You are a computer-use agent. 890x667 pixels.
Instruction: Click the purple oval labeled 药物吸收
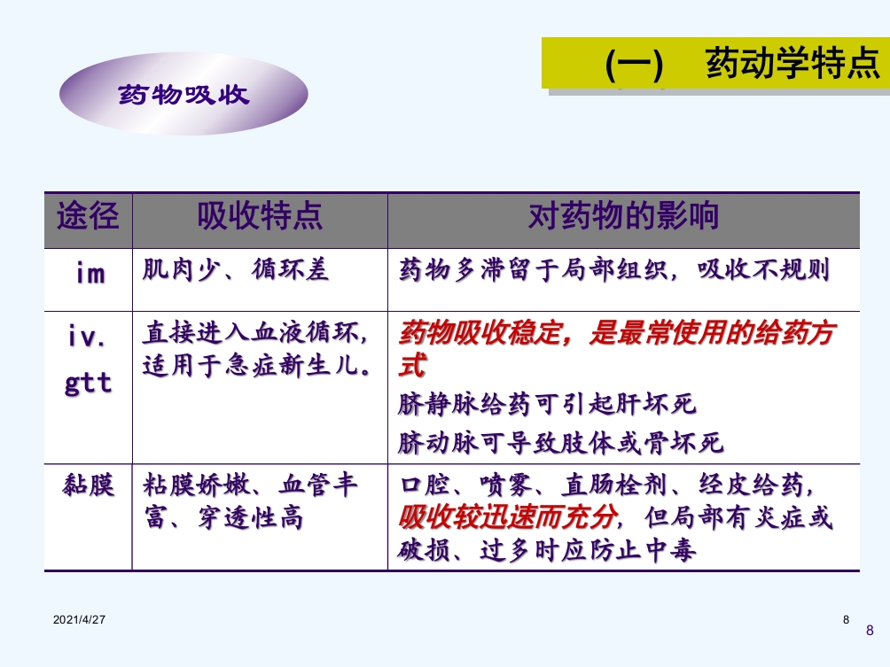click(x=183, y=94)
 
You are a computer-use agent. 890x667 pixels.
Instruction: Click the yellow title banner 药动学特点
click(x=715, y=63)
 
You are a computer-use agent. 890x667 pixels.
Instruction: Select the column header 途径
click(x=88, y=216)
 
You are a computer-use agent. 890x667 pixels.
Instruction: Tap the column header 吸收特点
click(x=259, y=216)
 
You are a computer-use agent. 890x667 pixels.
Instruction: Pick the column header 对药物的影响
click(x=623, y=216)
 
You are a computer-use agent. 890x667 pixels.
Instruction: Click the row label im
click(x=89, y=272)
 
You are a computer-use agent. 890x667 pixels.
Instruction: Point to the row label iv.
click(x=88, y=337)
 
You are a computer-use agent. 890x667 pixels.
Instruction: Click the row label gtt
click(x=88, y=383)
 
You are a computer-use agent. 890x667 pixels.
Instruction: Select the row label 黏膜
click(x=89, y=485)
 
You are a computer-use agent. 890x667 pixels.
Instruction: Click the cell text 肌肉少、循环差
click(x=236, y=270)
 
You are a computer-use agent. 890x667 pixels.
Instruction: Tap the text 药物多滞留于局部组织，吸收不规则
click(x=614, y=270)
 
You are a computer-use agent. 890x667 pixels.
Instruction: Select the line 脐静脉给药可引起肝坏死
click(x=548, y=405)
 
